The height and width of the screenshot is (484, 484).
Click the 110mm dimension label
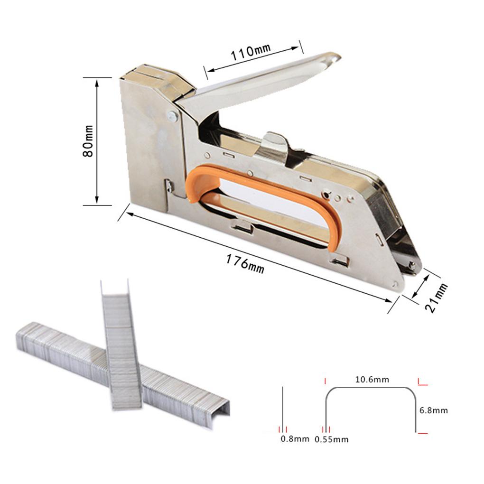click(x=251, y=52)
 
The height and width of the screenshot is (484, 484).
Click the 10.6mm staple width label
click(x=372, y=380)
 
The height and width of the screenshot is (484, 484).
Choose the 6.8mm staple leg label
click(x=434, y=410)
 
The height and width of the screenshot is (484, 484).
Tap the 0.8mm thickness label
click(x=295, y=439)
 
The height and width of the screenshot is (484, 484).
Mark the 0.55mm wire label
click(x=332, y=439)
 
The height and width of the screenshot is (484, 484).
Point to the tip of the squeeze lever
click(x=335, y=57)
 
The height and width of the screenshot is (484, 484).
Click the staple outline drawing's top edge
click(x=370, y=388)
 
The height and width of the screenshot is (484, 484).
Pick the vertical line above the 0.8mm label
click(x=283, y=408)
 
